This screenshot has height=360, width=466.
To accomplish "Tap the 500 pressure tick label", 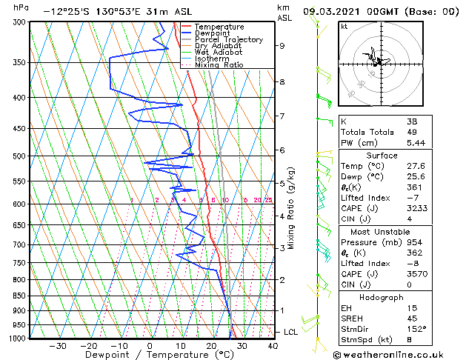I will pos(21,156).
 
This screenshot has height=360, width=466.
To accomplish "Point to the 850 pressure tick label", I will pos(21,296).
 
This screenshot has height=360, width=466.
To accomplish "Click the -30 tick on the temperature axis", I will pos(58,346).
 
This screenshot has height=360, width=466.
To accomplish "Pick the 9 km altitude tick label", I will pos(282,45).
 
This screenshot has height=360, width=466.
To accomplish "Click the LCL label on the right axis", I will pos(290,332).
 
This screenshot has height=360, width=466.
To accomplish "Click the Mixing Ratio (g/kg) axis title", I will pos(292,207).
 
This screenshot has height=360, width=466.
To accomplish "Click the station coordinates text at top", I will pos(96,11).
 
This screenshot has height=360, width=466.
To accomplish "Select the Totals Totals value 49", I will pos(412,133).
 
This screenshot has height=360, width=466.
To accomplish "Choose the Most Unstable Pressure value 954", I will pos(413,242).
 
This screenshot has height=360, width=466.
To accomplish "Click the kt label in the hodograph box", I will pos(344,27).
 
